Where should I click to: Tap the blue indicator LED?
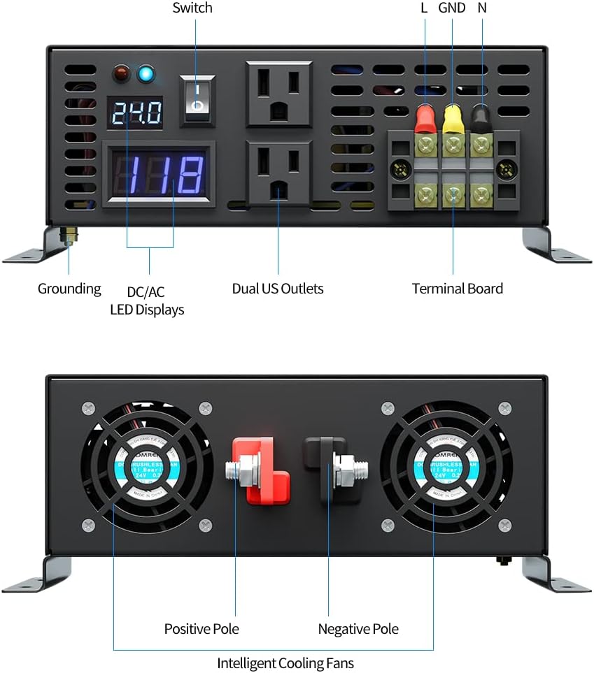(147, 73)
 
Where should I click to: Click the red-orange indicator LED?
(122, 73)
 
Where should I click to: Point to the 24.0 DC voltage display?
(135, 112)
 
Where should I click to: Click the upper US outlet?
(278, 94)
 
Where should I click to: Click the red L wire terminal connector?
(424, 119)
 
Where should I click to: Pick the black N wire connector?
(481, 117)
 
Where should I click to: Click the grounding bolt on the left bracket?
(69, 236)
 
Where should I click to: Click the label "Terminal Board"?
(457, 289)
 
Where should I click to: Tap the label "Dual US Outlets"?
(278, 289)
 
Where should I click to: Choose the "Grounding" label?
(69, 289)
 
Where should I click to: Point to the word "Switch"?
(192, 8)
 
